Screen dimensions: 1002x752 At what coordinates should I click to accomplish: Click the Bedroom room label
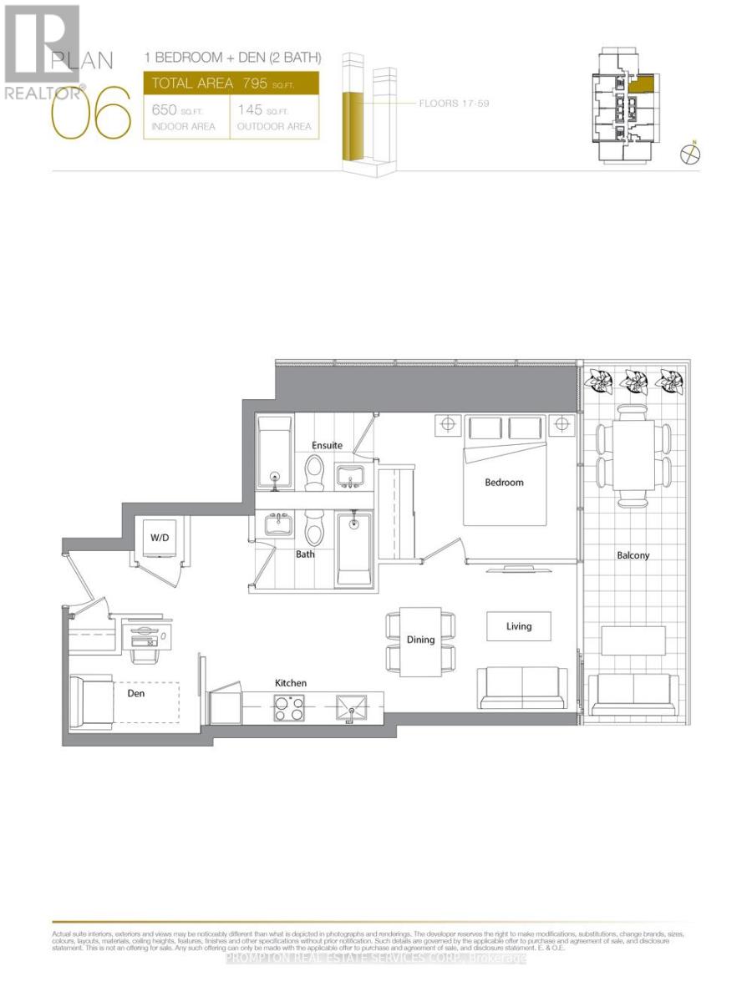pos(504,483)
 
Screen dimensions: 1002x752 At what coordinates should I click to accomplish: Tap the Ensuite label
pos(327,445)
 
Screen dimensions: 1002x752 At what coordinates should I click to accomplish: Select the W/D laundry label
pos(160,537)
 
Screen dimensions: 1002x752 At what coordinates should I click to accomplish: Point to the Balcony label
pos(633,555)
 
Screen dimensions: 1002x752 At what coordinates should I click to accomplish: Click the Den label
pos(137,691)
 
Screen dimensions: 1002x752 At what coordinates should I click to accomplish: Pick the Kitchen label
pos(291,683)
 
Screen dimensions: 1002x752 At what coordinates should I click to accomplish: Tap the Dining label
pos(421,640)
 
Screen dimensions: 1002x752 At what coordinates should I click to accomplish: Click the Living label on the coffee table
pos(519,626)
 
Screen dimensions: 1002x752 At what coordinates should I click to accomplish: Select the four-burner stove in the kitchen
pos(291,711)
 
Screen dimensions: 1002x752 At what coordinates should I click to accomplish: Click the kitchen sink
pos(353,711)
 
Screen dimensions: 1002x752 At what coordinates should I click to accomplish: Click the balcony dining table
pos(633,454)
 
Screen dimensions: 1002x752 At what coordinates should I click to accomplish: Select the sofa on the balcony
pos(633,694)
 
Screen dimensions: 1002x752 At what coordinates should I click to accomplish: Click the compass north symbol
pos(690,154)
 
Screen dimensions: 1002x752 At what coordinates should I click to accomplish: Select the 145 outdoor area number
pos(252,110)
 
